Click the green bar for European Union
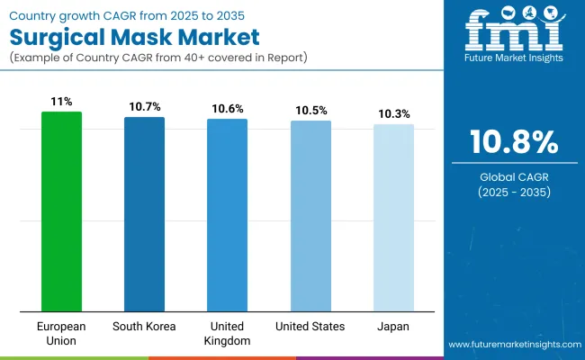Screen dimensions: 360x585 [61, 211]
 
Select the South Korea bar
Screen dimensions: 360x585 [144, 213]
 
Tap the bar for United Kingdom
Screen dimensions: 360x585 [227, 214]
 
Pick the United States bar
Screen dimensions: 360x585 [310, 215]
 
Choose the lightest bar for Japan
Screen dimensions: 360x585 [393, 217]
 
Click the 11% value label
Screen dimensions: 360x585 [61, 102]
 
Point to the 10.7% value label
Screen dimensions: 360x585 [144, 107]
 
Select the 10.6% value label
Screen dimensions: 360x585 [227, 109]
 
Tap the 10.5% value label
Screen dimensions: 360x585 [310, 111]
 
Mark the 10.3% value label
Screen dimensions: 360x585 [393, 114]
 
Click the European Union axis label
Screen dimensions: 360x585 [61, 333]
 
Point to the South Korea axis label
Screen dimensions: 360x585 [144, 327]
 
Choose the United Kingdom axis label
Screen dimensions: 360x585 [227, 333]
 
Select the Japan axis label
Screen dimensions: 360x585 [393, 327]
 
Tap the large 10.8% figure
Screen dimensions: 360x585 [514, 142]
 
